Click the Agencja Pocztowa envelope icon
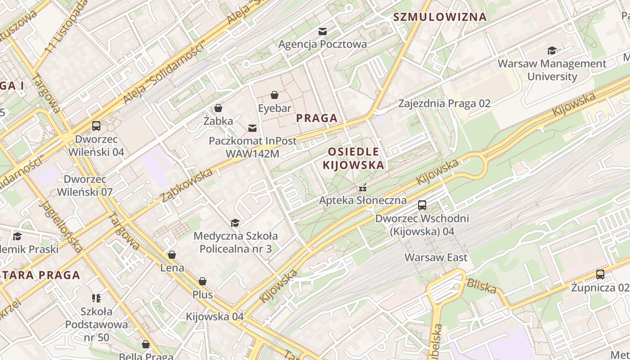pyautogui.click(x=323, y=31)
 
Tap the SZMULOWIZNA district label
pyautogui.click(x=440, y=17)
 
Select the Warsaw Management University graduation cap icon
pyautogui.click(x=552, y=50)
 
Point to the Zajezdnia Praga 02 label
pyautogui.click(x=444, y=103)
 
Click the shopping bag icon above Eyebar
pyautogui.click(x=274, y=95)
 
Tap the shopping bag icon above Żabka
pyautogui.click(x=218, y=108)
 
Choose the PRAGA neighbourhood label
pyautogui.click(x=317, y=118)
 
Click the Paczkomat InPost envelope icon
pyautogui.click(x=252, y=128)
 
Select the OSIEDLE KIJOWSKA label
pyautogui.click(x=354, y=158)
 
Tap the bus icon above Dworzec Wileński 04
pyautogui.click(x=96, y=126)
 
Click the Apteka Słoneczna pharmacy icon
pyautogui.click(x=363, y=188)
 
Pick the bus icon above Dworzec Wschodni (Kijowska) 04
pyautogui.click(x=422, y=205)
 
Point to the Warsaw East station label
pyautogui.click(x=436, y=258)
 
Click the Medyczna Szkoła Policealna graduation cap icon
pyautogui.click(x=235, y=223)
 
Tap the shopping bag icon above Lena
pyautogui.click(x=171, y=255)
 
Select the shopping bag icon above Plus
pyautogui.click(x=202, y=282)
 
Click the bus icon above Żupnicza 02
pyautogui.click(x=600, y=274)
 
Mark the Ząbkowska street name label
pyautogui.click(x=186, y=185)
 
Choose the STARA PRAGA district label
pyautogui.click(x=40, y=275)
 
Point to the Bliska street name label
pyautogui.click(x=482, y=286)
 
